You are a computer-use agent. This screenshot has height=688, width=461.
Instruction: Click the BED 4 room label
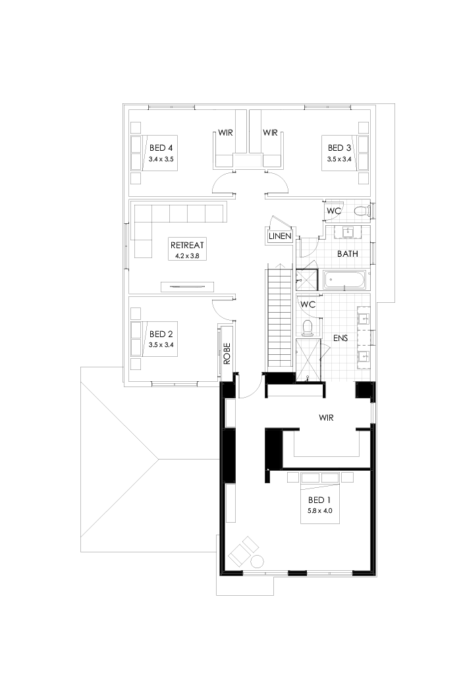[x=161, y=147]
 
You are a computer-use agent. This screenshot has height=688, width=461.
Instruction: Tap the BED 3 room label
[x=339, y=147]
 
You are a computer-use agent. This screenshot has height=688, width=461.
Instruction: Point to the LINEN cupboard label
[x=280, y=236]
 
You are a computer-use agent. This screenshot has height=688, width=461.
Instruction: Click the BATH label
[x=347, y=253]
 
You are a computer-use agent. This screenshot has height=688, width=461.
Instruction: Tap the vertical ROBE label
[x=227, y=354]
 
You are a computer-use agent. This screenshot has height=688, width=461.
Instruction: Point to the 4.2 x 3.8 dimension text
[x=186, y=255]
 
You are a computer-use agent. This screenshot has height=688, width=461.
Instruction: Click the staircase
[x=279, y=316]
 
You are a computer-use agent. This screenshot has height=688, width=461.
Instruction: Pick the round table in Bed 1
[x=257, y=562]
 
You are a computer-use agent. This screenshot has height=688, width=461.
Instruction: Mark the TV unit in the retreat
[x=188, y=286]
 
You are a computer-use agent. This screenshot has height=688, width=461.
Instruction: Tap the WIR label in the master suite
[x=328, y=417]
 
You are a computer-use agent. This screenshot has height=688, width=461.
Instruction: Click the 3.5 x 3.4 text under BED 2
[x=161, y=344]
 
